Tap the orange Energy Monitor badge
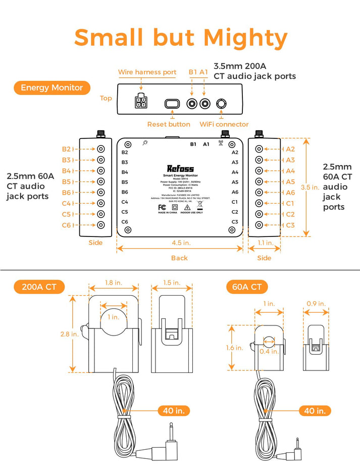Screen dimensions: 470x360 (x=52, y=87)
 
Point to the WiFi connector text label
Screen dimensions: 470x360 (x=224, y=124)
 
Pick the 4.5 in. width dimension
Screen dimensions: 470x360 (x=179, y=243)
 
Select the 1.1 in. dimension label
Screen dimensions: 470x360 (x=265, y=243)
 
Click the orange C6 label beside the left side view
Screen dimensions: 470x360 (x=67, y=225)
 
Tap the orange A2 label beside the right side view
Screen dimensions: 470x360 (x=290, y=149)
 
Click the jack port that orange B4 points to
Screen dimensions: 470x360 (x=101, y=171)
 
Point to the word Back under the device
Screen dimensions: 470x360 (x=179, y=258)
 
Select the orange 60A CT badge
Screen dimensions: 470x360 (x=247, y=287)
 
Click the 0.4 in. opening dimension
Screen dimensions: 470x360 (x=269, y=351)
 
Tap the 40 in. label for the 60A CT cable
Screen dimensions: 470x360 (x=315, y=411)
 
